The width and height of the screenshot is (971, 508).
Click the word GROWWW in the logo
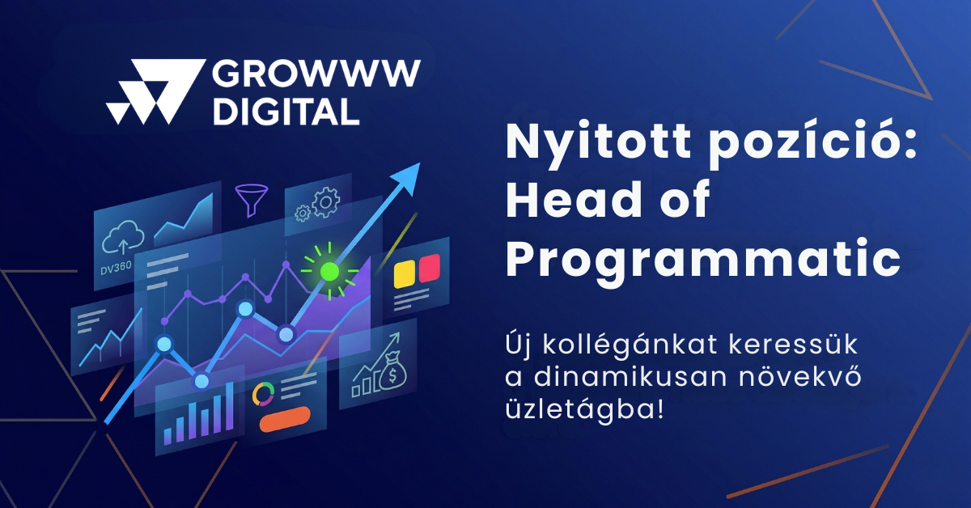click(x=316, y=73)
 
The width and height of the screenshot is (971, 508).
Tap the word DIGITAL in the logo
click(x=286, y=112)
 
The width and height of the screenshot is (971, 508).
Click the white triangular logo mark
click(x=155, y=91)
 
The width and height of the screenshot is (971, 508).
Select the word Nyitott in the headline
click(x=598, y=142)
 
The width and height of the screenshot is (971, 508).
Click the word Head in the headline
click(x=573, y=199)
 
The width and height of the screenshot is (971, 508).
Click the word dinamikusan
click(x=630, y=377)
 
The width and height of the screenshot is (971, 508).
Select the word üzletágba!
click(x=584, y=409)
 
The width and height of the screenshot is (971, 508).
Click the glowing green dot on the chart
click(x=329, y=271)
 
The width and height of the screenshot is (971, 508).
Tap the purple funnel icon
click(x=252, y=200)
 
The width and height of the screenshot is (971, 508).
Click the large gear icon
click(x=326, y=202)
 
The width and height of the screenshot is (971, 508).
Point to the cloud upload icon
click(x=123, y=238)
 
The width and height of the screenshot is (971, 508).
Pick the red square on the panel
click(x=429, y=269)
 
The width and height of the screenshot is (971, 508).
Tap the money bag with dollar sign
click(x=392, y=372)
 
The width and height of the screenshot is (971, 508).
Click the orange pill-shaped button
click(x=285, y=419)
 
